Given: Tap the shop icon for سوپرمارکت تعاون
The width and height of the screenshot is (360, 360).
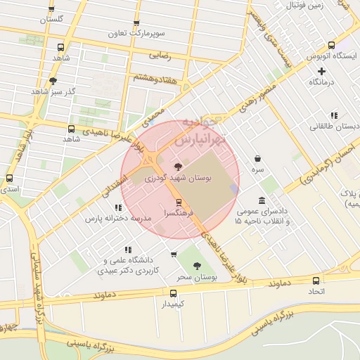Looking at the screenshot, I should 136,23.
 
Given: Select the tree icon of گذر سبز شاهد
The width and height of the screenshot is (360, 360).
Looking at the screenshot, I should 53,81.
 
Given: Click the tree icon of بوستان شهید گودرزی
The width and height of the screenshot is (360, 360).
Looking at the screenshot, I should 176,167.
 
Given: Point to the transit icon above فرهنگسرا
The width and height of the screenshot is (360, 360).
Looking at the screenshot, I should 179,202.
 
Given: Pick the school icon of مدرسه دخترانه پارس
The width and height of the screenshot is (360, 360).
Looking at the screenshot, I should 118,207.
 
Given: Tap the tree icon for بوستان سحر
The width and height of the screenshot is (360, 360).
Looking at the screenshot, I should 195,266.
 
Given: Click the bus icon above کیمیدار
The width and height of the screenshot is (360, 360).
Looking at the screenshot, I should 173,292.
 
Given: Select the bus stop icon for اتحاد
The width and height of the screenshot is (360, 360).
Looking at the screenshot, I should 314,280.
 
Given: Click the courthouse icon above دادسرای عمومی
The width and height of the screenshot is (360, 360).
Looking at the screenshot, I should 262,200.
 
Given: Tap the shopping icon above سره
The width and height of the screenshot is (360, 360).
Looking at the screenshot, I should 258,159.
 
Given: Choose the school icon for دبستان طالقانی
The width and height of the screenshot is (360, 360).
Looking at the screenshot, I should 334,115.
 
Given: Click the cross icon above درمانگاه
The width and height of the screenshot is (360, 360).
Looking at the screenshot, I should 322,71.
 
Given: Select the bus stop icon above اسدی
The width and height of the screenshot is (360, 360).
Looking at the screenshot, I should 9,179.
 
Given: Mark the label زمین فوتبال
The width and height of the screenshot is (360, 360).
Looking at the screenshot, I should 306,6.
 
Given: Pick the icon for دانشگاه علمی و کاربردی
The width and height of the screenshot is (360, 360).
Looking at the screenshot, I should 127,249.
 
